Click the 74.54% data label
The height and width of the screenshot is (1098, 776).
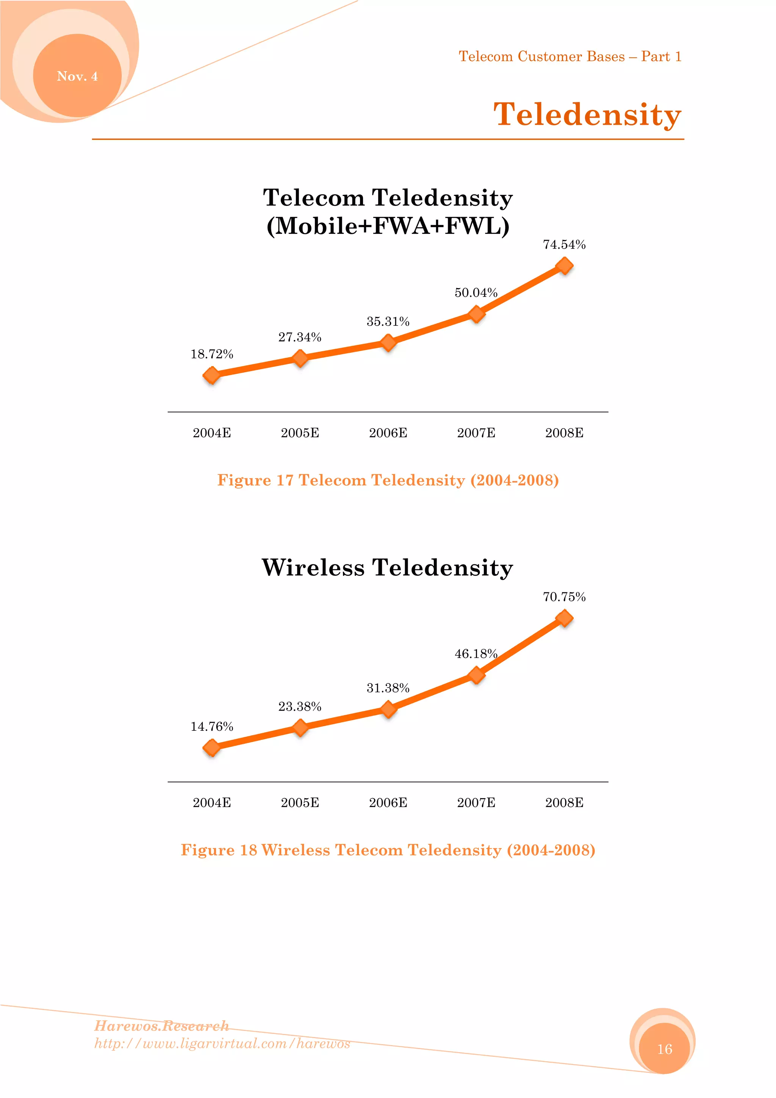pyautogui.click(x=564, y=245)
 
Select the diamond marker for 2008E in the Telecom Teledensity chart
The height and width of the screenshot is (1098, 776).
pyautogui.click(x=564, y=266)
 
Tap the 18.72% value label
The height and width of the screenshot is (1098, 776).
pyautogui.click(x=212, y=354)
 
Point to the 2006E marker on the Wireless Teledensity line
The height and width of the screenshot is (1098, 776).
pyautogui.click(x=388, y=709)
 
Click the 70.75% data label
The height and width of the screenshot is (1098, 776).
pyautogui.click(x=564, y=597)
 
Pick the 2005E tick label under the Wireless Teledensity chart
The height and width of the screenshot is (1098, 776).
pyautogui.click(x=300, y=802)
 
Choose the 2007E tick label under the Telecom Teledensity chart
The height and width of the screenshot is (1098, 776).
pyautogui.click(x=476, y=433)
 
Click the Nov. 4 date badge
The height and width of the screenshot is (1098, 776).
pyautogui.click(x=77, y=76)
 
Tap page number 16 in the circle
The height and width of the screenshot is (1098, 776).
pyautogui.click(x=665, y=1049)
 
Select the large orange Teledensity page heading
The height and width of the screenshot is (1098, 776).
pyautogui.click(x=587, y=115)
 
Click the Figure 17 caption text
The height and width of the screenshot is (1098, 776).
pyautogui.click(x=388, y=480)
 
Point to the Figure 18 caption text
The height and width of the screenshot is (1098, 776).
pyautogui.click(x=388, y=850)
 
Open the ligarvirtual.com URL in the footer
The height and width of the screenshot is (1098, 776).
pyautogui.click(x=222, y=1043)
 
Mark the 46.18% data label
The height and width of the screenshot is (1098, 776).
pyautogui.click(x=476, y=654)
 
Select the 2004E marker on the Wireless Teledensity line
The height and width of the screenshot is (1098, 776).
pyautogui.click(x=212, y=747)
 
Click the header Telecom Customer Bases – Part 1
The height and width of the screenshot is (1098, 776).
pyautogui.click(x=570, y=56)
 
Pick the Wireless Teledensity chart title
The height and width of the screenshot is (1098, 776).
pyautogui.click(x=388, y=568)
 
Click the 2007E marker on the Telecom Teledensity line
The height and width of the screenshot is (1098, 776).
pyautogui.click(x=476, y=314)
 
